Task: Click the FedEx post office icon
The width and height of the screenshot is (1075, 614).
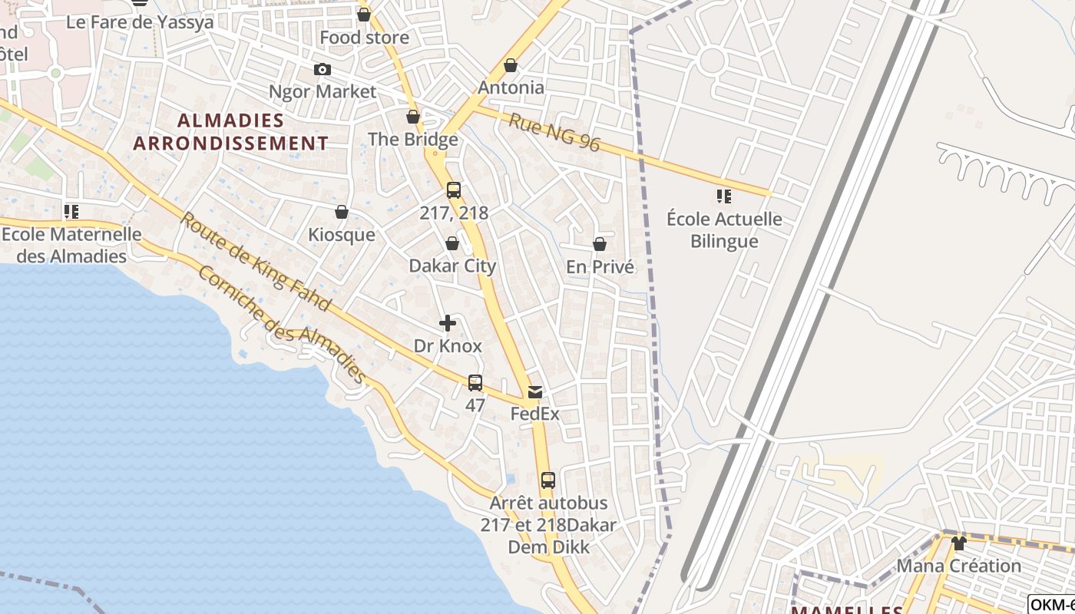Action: click(x=534, y=392)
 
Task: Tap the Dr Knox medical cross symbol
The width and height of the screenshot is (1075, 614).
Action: click(x=447, y=324)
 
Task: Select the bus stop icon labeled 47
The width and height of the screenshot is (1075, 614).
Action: click(x=475, y=382)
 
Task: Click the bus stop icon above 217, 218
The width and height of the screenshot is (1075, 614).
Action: click(x=454, y=190)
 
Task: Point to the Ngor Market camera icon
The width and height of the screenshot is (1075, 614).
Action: click(x=322, y=70)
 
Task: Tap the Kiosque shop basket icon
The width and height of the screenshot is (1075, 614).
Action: click(x=342, y=212)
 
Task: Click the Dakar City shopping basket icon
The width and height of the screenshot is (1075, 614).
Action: click(x=452, y=244)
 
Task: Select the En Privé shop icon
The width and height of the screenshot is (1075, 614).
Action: click(x=600, y=245)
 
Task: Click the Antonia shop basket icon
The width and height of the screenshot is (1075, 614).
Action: click(x=511, y=66)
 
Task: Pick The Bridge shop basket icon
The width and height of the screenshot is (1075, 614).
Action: click(x=413, y=117)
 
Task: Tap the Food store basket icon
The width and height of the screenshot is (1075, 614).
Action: click(x=364, y=15)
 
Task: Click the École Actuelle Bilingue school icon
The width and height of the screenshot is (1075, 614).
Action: click(x=723, y=196)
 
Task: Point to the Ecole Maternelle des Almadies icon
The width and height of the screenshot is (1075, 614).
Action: click(x=71, y=211)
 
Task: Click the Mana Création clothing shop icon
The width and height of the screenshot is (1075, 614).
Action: click(x=958, y=543)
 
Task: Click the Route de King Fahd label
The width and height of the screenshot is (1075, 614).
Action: click(x=256, y=262)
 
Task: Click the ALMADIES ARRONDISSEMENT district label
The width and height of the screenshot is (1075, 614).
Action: click(x=230, y=132)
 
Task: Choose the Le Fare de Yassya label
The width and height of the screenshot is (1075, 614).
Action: click(x=140, y=21)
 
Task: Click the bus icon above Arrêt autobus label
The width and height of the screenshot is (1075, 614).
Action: click(x=547, y=480)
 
